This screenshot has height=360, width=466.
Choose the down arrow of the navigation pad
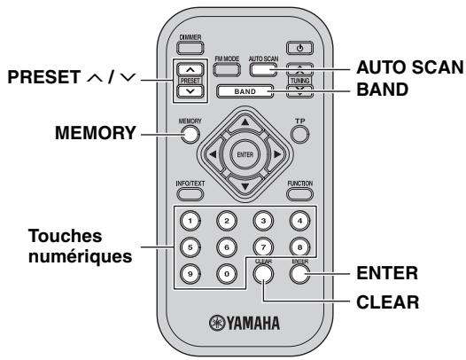[244, 185]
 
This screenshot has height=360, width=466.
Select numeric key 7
[261, 248]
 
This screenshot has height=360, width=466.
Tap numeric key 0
[226, 276]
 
